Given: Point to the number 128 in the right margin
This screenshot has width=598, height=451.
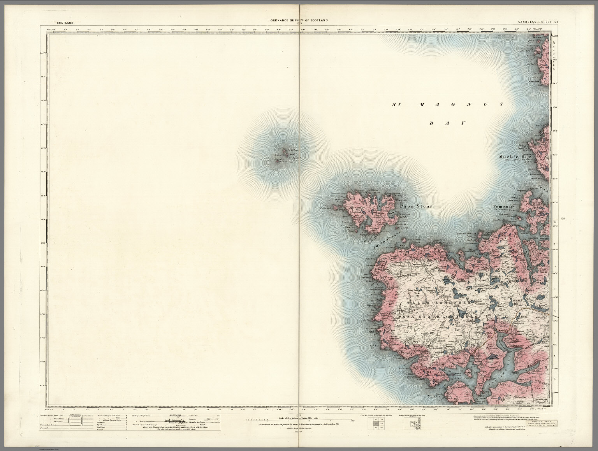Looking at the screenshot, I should tap(563, 218).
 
